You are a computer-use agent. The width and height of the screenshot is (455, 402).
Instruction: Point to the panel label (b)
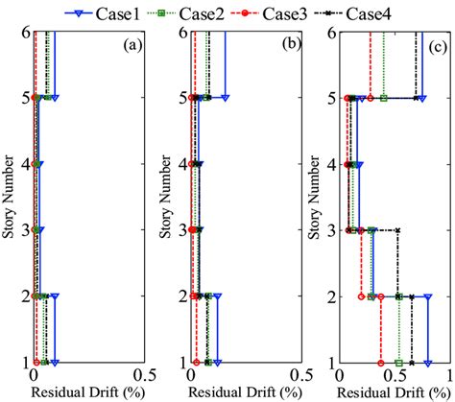283,44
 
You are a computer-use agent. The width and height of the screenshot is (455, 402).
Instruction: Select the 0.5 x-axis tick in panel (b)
299,376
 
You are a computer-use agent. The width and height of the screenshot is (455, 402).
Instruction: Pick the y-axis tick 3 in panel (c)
326,230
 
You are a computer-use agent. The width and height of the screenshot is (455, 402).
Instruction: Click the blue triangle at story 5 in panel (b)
226,98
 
